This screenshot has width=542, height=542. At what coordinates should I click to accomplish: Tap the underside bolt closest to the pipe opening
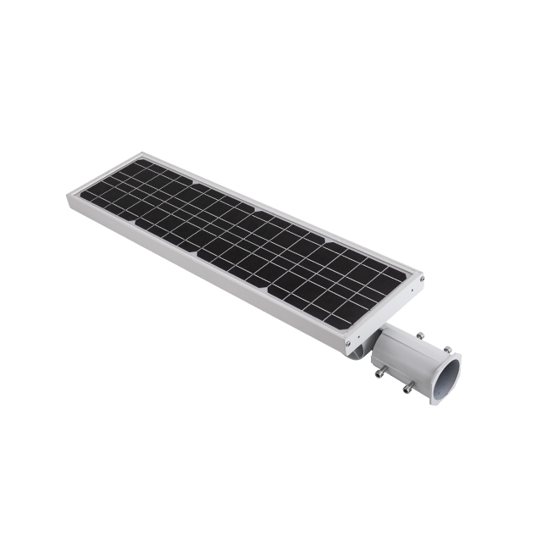pos(407,388)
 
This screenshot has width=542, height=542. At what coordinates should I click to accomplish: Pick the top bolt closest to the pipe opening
pos(446,349)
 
